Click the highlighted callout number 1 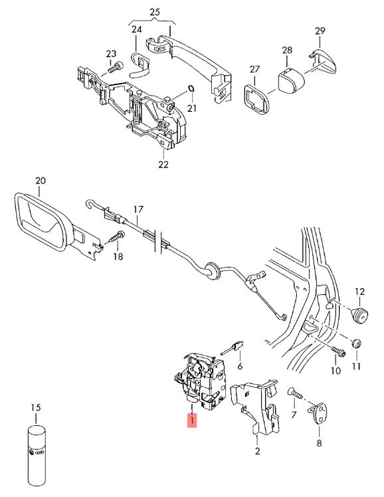click(192, 420)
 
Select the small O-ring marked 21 click(191, 88)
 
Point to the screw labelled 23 click(115, 67)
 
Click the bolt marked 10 click(338, 352)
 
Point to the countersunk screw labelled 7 click(295, 394)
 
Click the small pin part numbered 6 click(233, 348)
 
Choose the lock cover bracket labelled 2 click(256, 407)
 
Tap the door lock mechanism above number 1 click(201, 382)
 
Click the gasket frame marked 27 click(256, 98)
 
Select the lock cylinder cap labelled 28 click(290, 79)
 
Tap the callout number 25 click(155, 13)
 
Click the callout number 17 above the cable click(138, 210)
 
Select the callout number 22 click(163, 164)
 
